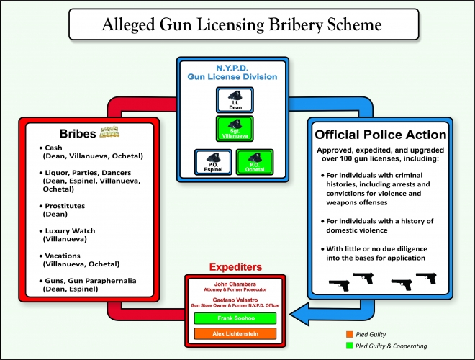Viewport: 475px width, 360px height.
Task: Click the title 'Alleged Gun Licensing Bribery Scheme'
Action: pos(237,24)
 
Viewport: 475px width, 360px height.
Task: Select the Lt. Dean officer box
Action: pos(235,100)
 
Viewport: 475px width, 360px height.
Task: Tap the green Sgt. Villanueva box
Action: pos(235,130)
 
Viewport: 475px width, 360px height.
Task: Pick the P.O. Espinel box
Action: pos(213,162)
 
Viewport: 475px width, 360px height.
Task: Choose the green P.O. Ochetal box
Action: pos(255,162)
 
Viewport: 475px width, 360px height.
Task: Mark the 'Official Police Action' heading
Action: pos(382,135)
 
